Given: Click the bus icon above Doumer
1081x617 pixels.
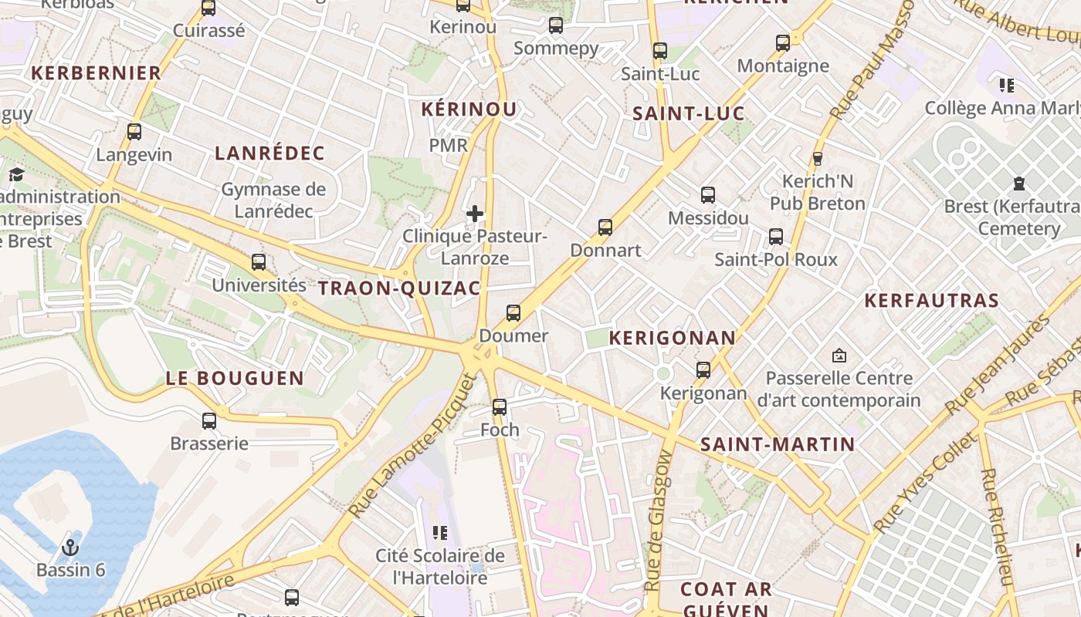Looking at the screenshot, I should coord(513,313).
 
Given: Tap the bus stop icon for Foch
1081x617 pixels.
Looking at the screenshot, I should coord(500,406).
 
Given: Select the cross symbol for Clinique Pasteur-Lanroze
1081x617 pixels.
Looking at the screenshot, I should coord(475,213).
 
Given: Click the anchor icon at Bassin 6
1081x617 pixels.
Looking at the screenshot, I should coord(70,548).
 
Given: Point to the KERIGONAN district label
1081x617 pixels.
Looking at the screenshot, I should coord(673,338).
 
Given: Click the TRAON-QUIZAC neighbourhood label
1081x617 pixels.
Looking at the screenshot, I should coord(399,288).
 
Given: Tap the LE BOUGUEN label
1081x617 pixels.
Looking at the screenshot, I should coord(235,378).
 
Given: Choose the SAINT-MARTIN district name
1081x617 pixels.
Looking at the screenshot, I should coord(777,444).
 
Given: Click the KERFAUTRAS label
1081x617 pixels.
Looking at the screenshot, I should coord(931,300).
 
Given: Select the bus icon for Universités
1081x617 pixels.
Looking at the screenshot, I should coord(259,262).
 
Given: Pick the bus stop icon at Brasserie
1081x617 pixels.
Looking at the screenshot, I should coord(209,421).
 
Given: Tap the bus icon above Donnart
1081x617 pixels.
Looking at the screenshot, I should coord(605,228).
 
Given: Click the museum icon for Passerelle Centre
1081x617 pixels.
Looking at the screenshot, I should coord(839,356).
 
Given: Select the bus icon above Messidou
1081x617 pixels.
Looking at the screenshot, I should coord(708,195).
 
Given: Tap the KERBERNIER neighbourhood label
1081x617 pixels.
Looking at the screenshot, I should coord(96,73).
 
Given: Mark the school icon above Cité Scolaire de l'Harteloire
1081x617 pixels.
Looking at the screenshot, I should coord(440,532).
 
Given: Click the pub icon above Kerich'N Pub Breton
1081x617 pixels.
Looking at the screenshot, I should coord(818,159).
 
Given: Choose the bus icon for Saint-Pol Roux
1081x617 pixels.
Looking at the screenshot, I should coord(776,237).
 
